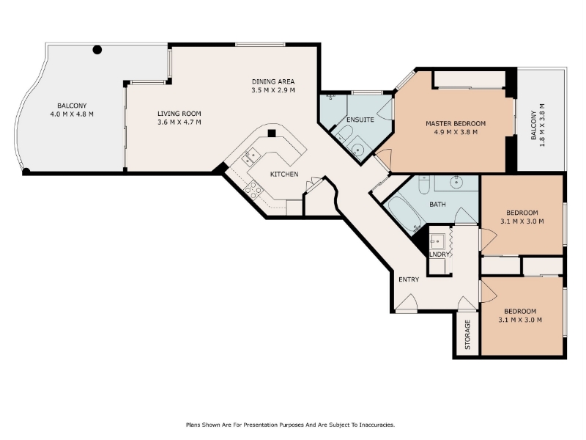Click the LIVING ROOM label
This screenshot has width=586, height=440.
tap(179, 114)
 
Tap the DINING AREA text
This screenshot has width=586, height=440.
tap(273, 81)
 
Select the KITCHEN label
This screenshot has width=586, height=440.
tap(284, 174)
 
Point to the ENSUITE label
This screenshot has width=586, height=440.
tap(360, 120)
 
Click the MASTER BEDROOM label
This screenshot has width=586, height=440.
tap(456, 123)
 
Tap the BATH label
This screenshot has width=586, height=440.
tap(437, 205)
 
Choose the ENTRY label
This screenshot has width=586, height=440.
tap(409, 279)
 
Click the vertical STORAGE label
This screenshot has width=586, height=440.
tap(467, 334)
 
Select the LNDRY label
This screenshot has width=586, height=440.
tap(439, 254)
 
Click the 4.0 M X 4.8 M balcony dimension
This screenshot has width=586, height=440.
tap(72, 114)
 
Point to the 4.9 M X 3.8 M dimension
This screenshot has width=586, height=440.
tap(456, 132)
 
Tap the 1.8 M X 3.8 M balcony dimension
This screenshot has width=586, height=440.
tap(542, 125)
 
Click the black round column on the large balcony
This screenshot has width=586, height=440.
tap(97, 50)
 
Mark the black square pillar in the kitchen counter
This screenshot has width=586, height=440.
tap(272, 133)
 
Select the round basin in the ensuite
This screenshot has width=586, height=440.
tap(358, 150)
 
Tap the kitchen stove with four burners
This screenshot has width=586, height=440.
tap(253, 190)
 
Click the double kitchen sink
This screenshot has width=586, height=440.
tap(251, 156)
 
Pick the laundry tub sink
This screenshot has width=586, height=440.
tap(437, 241)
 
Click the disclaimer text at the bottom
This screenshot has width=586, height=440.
tap(290, 425)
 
